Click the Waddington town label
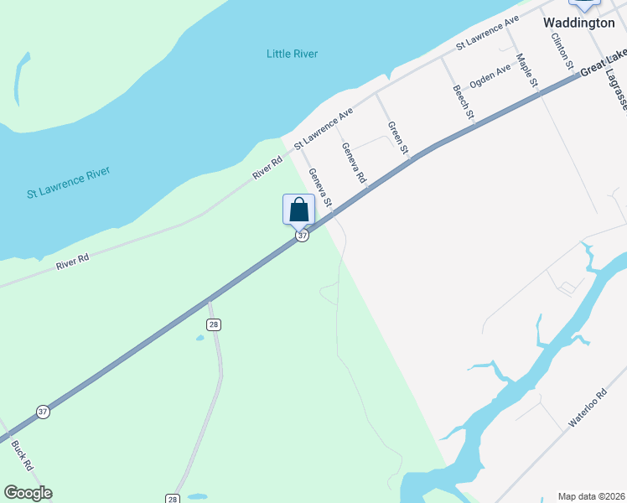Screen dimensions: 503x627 click(x=578, y=23)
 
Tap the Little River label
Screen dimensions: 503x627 click(x=292, y=54)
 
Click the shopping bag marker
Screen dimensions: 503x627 click(x=299, y=210)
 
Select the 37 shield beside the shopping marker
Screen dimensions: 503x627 click(x=303, y=236)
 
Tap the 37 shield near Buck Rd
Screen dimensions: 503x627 click(x=43, y=412)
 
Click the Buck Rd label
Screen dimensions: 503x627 click(x=22, y=454)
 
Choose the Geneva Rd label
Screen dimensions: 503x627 click(x=354, y=163)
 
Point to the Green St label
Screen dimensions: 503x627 click(x=397, y=138)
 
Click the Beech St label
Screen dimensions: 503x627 click(x=464, y=101)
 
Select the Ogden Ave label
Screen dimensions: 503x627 click(x=490, y=76)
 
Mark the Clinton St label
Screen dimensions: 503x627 click(x=561, y=50)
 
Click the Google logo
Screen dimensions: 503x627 click(x=28, y=493)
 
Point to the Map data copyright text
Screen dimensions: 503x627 click(x=592, y=496)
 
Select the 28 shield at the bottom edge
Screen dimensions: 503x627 click(x=172, y=498)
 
